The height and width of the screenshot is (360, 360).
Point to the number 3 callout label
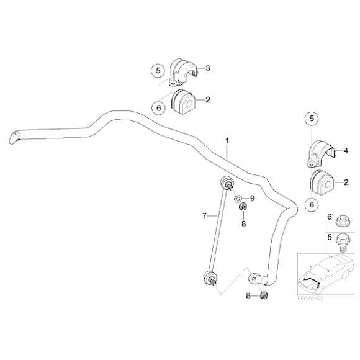tap(207, 68)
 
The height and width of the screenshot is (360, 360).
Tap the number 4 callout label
tap(346, 150)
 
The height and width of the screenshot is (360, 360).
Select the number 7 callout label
tap(204, 216)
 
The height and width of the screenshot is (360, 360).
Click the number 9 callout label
tap(253, 199)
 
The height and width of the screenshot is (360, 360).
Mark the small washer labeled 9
tap(238, 199)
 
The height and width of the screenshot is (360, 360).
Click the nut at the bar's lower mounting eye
tap(263, 295)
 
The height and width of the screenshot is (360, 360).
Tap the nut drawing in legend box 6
tap(341, 222)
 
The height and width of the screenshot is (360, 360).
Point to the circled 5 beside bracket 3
tap(158, 70)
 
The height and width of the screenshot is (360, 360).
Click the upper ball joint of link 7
tap(226, 183)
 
